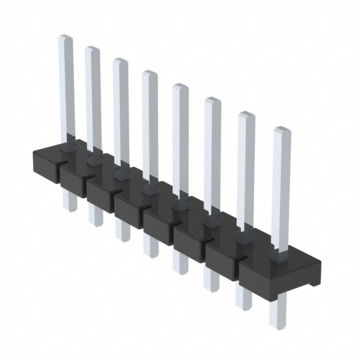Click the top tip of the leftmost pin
[66, 38]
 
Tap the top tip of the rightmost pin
[282, 130]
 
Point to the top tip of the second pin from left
[93, 49]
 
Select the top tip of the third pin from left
[120, 61]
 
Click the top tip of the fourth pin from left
[150, 73]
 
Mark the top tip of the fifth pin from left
[180, 86]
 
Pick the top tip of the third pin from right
[212, 100]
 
